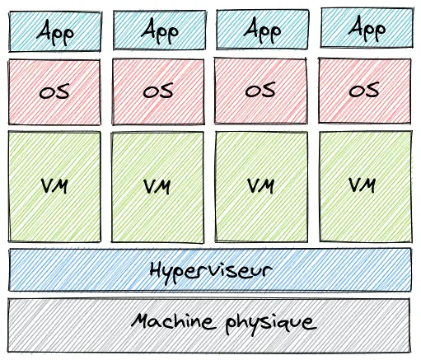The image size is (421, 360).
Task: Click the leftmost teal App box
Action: (x=54, y=30)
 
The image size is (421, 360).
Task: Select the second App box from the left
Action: (x=157, y=30)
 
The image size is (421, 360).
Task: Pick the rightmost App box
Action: (x=367, y=30)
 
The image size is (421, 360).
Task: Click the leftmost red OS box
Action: (x=54, y=91)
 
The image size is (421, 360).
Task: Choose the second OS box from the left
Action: (x=157, y=91)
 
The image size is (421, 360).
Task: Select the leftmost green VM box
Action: (x=54, y=185)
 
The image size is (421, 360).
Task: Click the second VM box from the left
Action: (x=157, y=185)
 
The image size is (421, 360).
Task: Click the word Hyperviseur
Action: (x=211, y=269)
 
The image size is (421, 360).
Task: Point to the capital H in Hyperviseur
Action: (x=157, y=269)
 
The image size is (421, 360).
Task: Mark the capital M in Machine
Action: (x=138, y=320)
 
